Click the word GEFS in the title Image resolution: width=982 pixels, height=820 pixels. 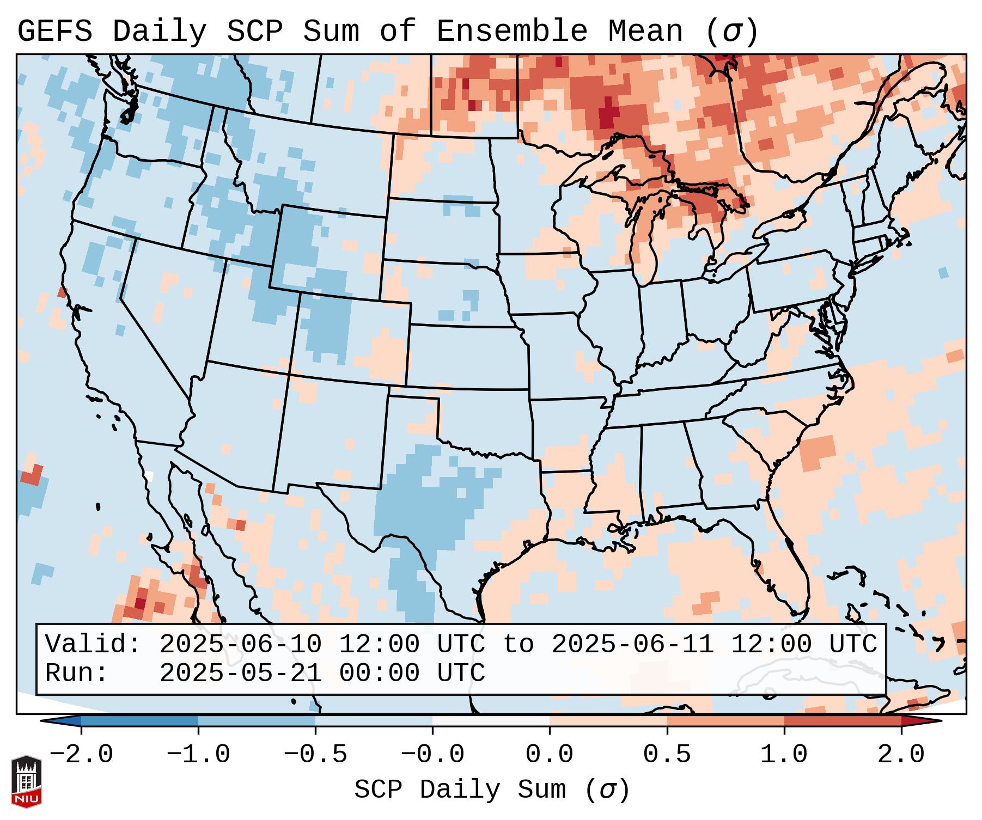[55, 32]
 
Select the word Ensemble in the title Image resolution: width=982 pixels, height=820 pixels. [512, 32]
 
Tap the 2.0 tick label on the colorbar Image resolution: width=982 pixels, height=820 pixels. [901, 755]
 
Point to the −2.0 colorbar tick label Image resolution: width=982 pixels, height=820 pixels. [81, 755]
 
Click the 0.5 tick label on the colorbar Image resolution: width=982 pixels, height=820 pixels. [667, 755]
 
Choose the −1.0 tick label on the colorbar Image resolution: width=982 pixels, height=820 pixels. [198, 755]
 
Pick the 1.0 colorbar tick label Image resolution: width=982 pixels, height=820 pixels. [784, 755]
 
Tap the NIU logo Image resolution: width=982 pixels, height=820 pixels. [26, 781]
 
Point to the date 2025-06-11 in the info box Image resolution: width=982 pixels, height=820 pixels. [632, 644]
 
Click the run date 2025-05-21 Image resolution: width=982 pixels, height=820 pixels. [240, 673]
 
